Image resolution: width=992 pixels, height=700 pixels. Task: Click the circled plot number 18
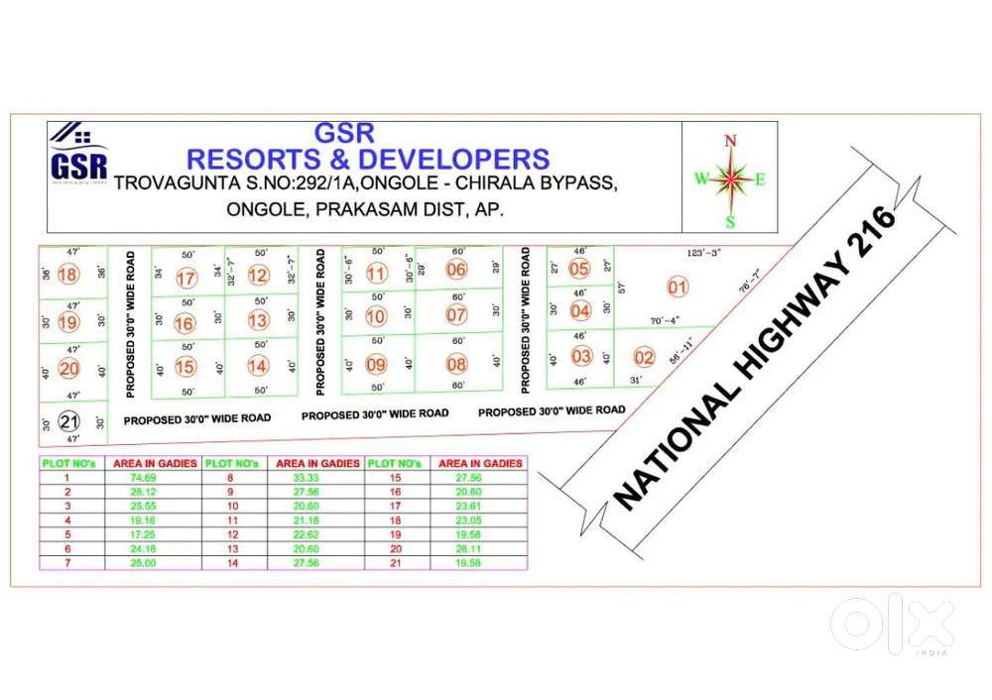[x=68, y=275]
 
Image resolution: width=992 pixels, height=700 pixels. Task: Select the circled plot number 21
[x=68, y=421]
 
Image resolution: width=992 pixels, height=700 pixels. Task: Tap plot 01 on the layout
[x=678, y=289]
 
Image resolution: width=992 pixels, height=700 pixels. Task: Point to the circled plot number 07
[x=456, y=315]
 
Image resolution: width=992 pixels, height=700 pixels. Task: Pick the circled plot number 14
[x=258, y=366]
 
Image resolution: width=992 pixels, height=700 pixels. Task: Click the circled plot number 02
[x=644, y=358]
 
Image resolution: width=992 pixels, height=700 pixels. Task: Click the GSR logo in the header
[x=78, y=158]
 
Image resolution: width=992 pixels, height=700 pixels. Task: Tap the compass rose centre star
[x=731, y=179]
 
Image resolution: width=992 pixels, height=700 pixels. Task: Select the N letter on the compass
[x=731, y=141]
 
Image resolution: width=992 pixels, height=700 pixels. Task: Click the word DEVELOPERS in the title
[x=453, y=159]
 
